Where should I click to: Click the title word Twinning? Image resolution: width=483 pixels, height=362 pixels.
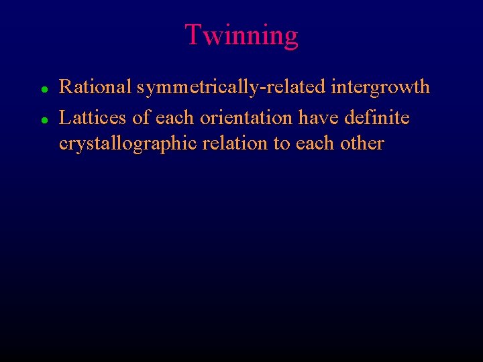coord(241,35)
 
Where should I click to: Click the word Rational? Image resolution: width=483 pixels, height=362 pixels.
coord(96,87)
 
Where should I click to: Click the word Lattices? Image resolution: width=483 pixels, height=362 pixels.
coord(93,118)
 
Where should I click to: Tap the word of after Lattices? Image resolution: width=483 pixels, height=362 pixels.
coord(142,118)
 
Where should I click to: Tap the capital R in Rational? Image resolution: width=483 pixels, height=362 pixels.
coord(66,87)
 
